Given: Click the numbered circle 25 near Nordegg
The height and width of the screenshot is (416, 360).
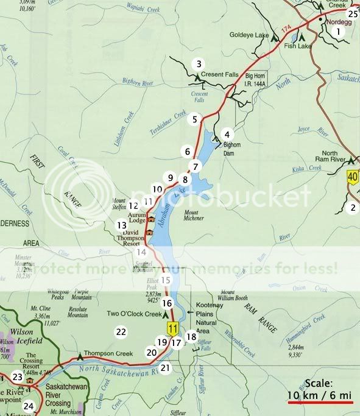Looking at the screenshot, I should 352,13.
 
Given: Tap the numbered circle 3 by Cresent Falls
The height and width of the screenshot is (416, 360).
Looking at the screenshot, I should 197,63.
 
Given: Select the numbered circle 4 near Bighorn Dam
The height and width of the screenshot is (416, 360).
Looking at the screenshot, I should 227,135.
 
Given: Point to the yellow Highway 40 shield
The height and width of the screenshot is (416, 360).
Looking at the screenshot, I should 352,178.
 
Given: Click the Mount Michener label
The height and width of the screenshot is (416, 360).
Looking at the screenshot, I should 197,215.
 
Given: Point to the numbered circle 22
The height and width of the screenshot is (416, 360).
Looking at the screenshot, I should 121,332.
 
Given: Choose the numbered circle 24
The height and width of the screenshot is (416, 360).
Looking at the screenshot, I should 29,406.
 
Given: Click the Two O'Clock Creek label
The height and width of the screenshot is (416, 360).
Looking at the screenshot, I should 133,315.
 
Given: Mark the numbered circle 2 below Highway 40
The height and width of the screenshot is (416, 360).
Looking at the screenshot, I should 351,208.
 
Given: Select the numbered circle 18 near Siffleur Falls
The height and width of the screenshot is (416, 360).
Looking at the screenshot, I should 191,336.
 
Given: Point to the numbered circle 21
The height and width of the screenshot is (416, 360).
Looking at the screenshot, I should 165,368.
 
